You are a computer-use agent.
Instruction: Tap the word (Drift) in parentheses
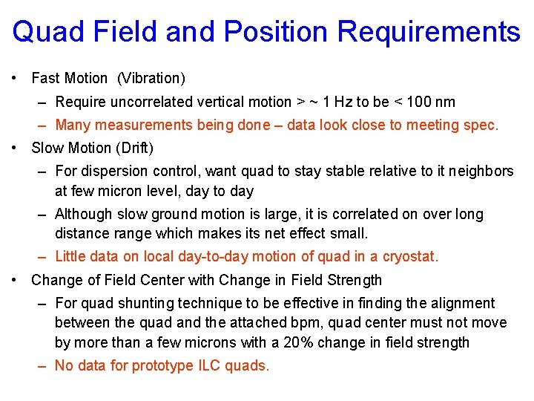click(134, 148)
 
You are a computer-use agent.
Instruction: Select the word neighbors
click(483, 171)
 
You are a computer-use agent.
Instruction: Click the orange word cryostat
click(409, 257)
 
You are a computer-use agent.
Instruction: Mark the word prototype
click(168, 365)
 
